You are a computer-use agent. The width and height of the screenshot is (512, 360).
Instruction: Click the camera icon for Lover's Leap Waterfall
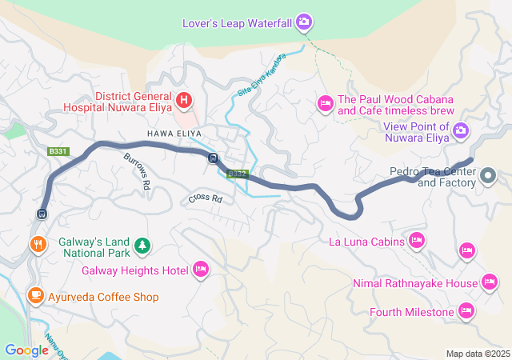pyautogui.click(x=304, y=22)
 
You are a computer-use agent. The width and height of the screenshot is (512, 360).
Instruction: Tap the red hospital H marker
pyautogui.click(x=184, y=100)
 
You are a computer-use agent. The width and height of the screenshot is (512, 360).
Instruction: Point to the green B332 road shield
pyautogui.click(x=238, y=173)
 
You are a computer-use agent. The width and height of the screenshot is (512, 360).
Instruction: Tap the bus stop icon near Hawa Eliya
pyautogui.click(x=213, y=158)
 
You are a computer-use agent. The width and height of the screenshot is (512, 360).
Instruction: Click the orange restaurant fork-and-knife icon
pyautogui.click(x=37, y=244)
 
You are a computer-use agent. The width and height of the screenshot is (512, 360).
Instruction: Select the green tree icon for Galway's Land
pyautogui.click(x=142, y=244)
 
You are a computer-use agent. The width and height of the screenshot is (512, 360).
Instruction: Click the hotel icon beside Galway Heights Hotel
pyautogui.click(x=201, y=270)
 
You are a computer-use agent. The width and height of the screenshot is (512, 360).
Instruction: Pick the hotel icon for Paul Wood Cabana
pyautogui.click(x=325, y=102)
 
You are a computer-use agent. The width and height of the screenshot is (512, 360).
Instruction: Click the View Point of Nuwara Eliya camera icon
pyautogui.click(x=461, y=130)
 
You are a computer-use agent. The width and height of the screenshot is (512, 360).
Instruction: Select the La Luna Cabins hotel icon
pyautogui.click(x=416, y=239)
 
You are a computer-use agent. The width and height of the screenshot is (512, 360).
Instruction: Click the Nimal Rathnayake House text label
pyautogui.click(x=414, y=283)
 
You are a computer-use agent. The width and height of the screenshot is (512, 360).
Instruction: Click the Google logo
pyautogui.click(x=26, y=350)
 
